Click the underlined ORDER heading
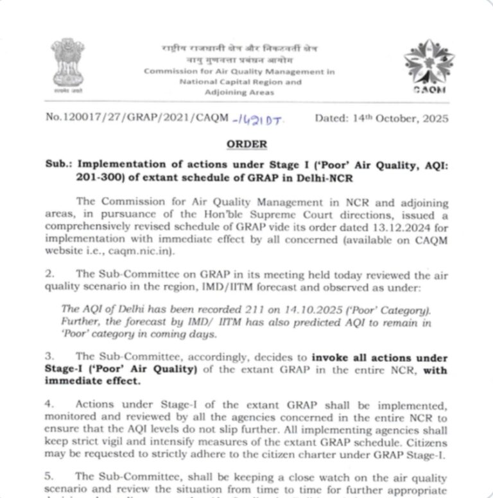click(x=246, y=145)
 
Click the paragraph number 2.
click(x=49, y=273)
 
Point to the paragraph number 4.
click(x=49, y=405)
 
